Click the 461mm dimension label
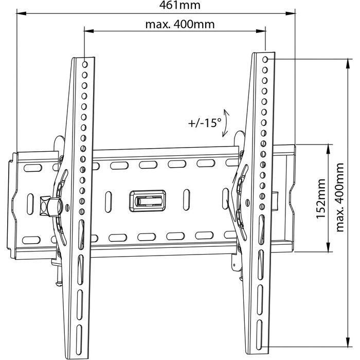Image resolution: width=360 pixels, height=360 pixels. (180, 5)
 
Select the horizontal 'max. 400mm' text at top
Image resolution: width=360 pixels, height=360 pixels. (180, 24)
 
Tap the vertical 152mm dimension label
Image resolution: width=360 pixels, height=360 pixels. (321, 199)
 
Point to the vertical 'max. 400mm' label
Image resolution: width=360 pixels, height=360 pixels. (340, 197)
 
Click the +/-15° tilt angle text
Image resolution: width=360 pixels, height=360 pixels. (205, 123)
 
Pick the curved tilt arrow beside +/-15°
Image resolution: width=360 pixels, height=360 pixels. (226, 123)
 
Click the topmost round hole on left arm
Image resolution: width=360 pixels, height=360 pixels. (85, 64)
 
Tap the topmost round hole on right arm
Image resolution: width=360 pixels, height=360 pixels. (265, 60)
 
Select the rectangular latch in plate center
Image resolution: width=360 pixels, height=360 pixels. (148, 201)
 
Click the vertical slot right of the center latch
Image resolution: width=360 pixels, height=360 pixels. (187, 200)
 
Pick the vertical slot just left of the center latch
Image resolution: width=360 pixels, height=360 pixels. (109, 202)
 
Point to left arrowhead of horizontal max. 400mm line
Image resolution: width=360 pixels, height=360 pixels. (89, 31)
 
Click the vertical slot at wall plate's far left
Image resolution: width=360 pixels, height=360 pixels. (30, 204)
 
